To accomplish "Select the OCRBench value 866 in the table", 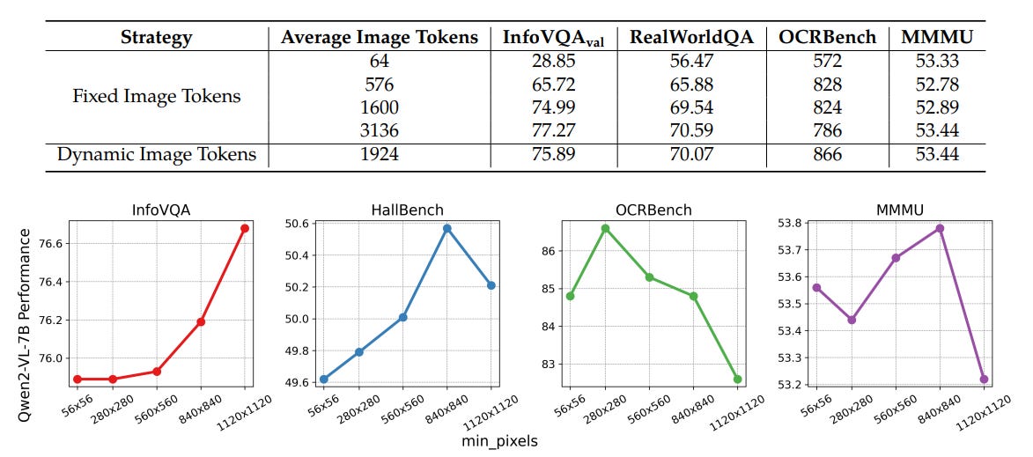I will pyautogui.click(x=828, y=155).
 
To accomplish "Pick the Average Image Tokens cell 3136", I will pyautogui.click(x=379, y=130).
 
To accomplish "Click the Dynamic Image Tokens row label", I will pyautogui.click(x=157, y=155).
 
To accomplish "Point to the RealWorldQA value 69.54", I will pyautogui.click(x=690, y=107).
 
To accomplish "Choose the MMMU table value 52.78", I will pyautogui.click(x=937, y=85).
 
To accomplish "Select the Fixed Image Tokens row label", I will pyautogui.click(x=157, y=96).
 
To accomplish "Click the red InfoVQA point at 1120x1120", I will pyautogui.click(x=245, y=228).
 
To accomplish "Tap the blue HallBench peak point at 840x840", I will pyautogui.click(x=446, y=228).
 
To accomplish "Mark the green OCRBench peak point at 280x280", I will pyautogui.click(x=605, y=228).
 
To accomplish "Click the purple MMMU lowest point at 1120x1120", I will pyautogui.click(x=983, y=379).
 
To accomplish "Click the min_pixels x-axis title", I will pyautogui.click(x=499, y=440).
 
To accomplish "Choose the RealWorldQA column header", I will pyautogui.click(x=690, y=38).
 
